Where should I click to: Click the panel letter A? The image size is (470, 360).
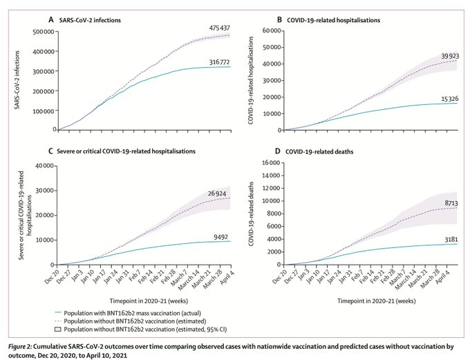point(50,21)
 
